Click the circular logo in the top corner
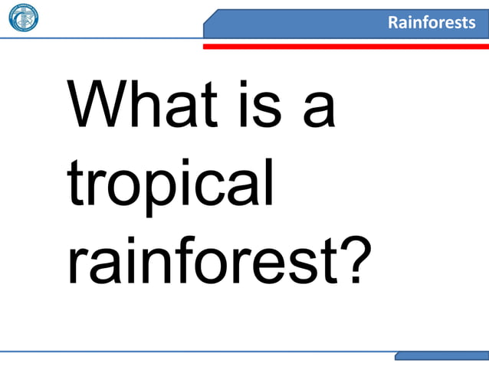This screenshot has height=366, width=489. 23,18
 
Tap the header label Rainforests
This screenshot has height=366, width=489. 431,22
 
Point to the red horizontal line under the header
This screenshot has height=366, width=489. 345,46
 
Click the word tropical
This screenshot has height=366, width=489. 170,187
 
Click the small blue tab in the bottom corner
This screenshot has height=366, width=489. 441,356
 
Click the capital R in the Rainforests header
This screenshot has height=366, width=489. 392,22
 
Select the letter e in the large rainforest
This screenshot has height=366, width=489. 269,264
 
